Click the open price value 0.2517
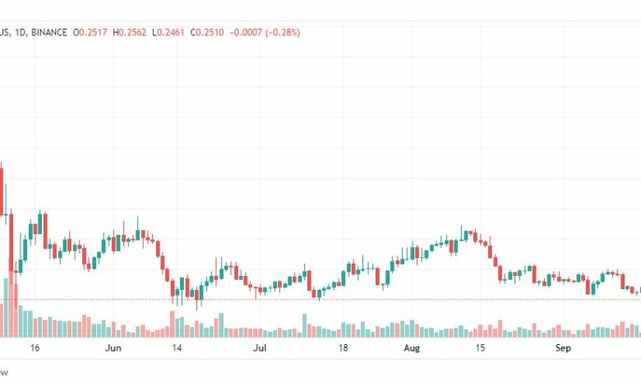[x=91, y=33]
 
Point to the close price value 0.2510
[x=210, y=33]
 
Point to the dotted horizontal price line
[x=329, y=299]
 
